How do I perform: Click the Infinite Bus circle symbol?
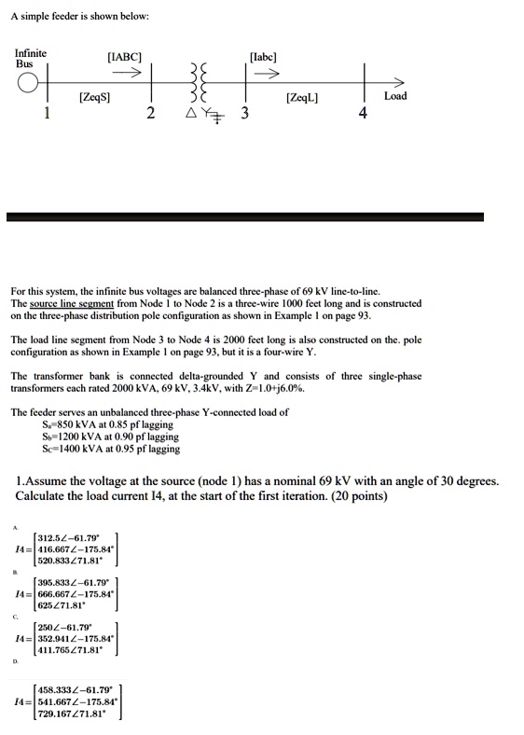(31, 83)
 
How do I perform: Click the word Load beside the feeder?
(395, 96)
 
